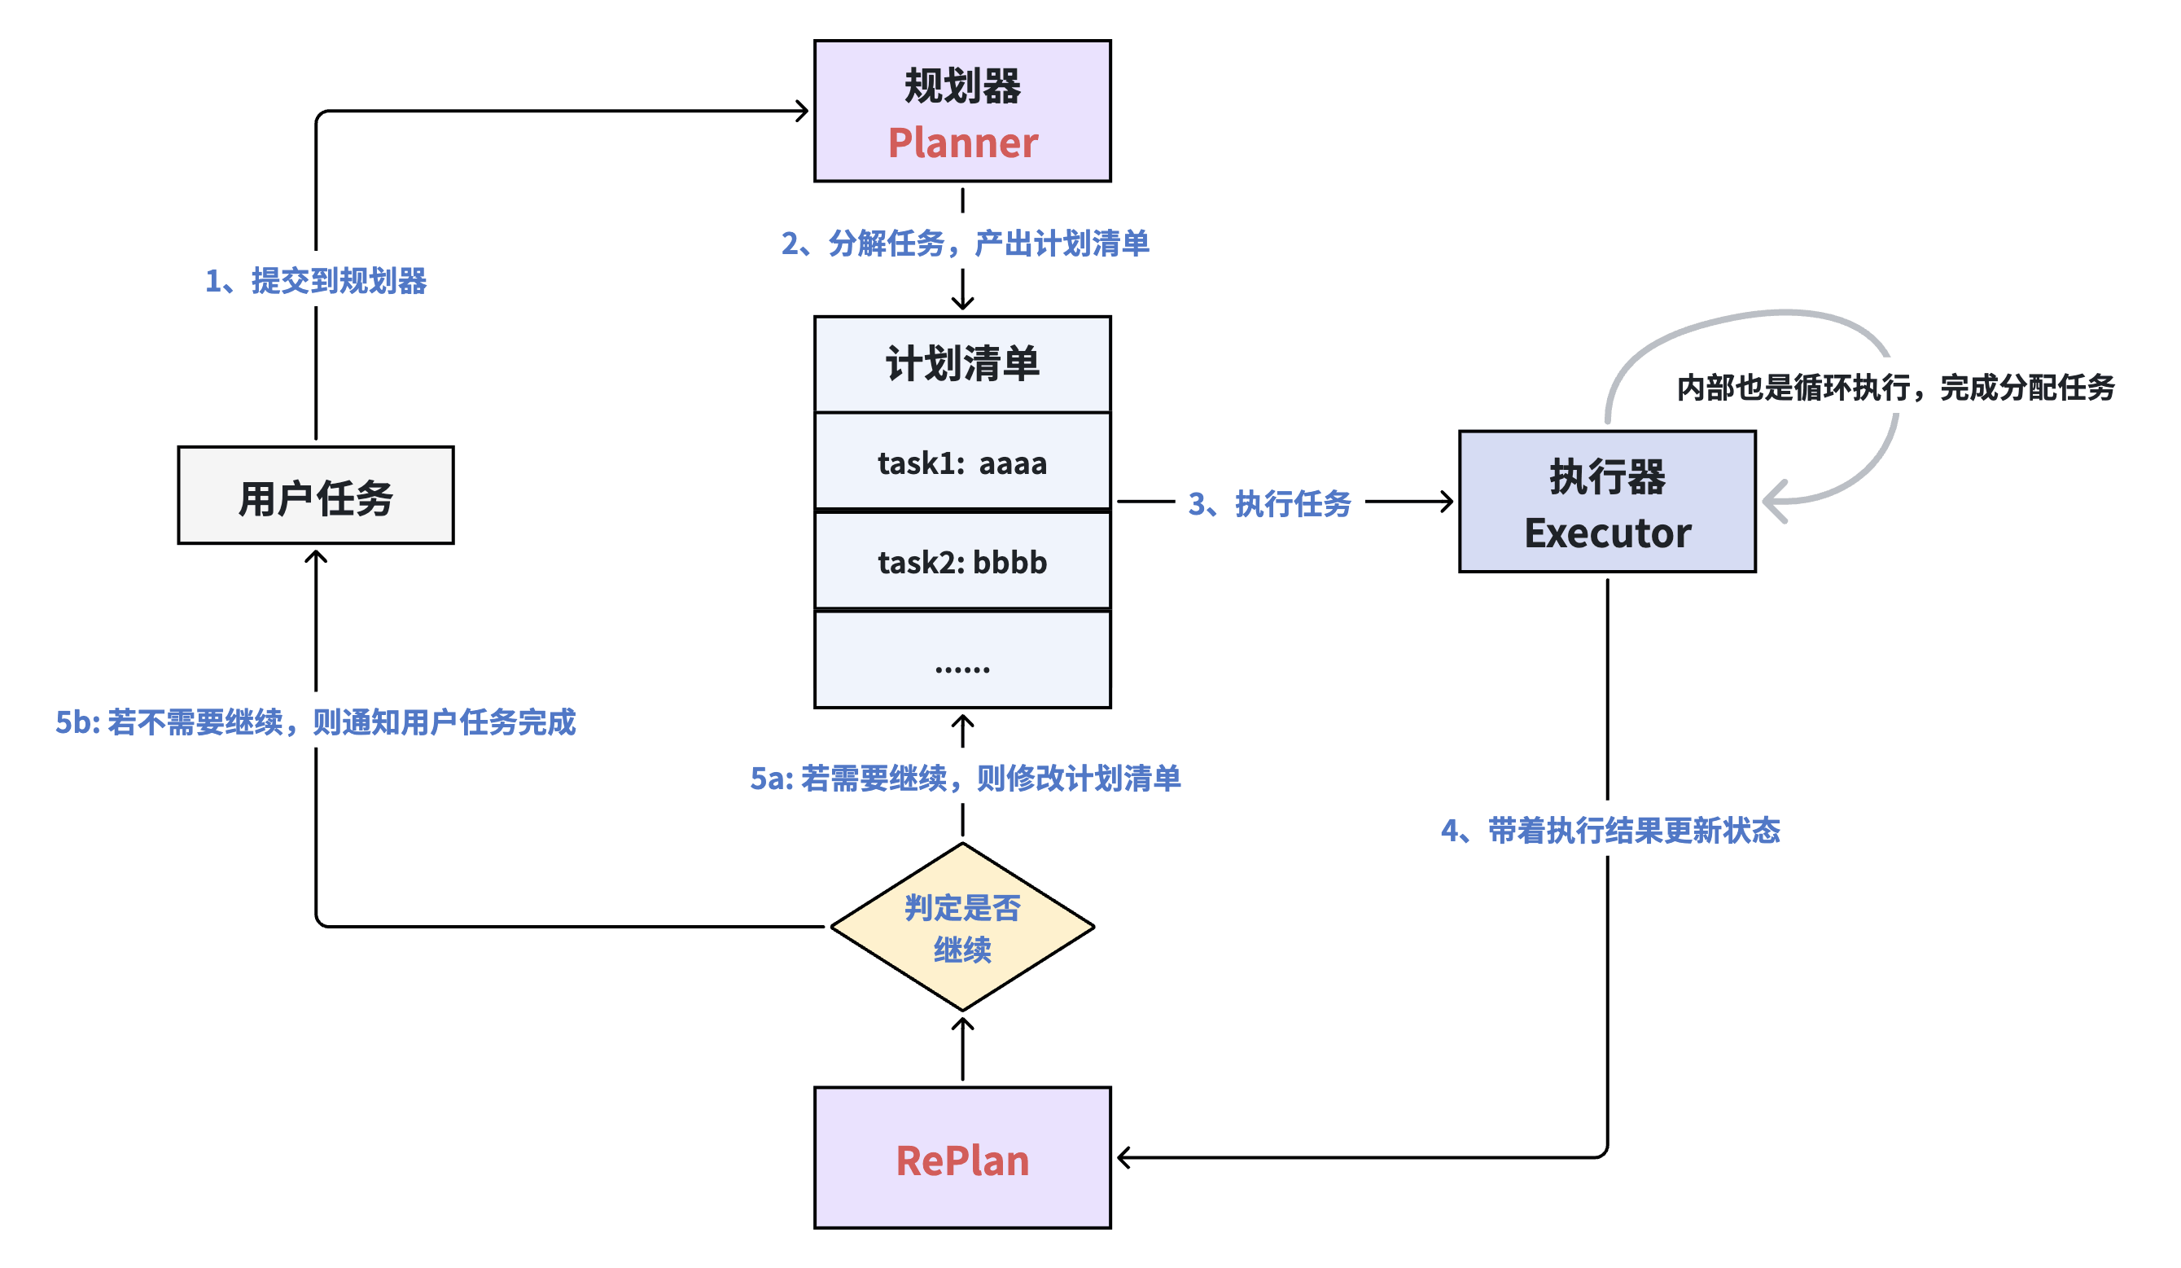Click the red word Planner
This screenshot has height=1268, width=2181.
[962, 143]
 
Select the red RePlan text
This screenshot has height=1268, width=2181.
[962, 1161]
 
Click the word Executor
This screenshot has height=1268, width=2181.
[1607, 533]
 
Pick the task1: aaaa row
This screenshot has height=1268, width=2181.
[962, 463]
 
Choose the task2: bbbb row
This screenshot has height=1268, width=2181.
[962, 562]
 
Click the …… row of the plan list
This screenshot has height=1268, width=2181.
[962, 661]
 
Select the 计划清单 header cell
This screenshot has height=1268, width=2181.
[962, 363]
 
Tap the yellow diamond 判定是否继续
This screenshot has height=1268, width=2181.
[962, 927]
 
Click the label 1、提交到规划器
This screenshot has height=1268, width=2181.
[316, 280]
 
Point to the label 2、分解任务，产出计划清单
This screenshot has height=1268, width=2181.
[965, 244]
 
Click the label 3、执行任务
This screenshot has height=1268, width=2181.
[1270, 502]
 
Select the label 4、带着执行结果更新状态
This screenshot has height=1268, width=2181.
[1609, 830]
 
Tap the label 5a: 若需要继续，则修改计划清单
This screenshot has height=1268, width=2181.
[965, 778]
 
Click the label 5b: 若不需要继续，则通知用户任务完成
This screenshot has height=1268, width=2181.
[316, 722]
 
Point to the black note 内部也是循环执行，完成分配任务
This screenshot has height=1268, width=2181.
[1895, 387]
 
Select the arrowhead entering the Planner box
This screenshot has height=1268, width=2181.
[804, 111]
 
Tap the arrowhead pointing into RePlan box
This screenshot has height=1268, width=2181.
[1123, 1157]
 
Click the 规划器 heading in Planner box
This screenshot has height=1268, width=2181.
[962, 86]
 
